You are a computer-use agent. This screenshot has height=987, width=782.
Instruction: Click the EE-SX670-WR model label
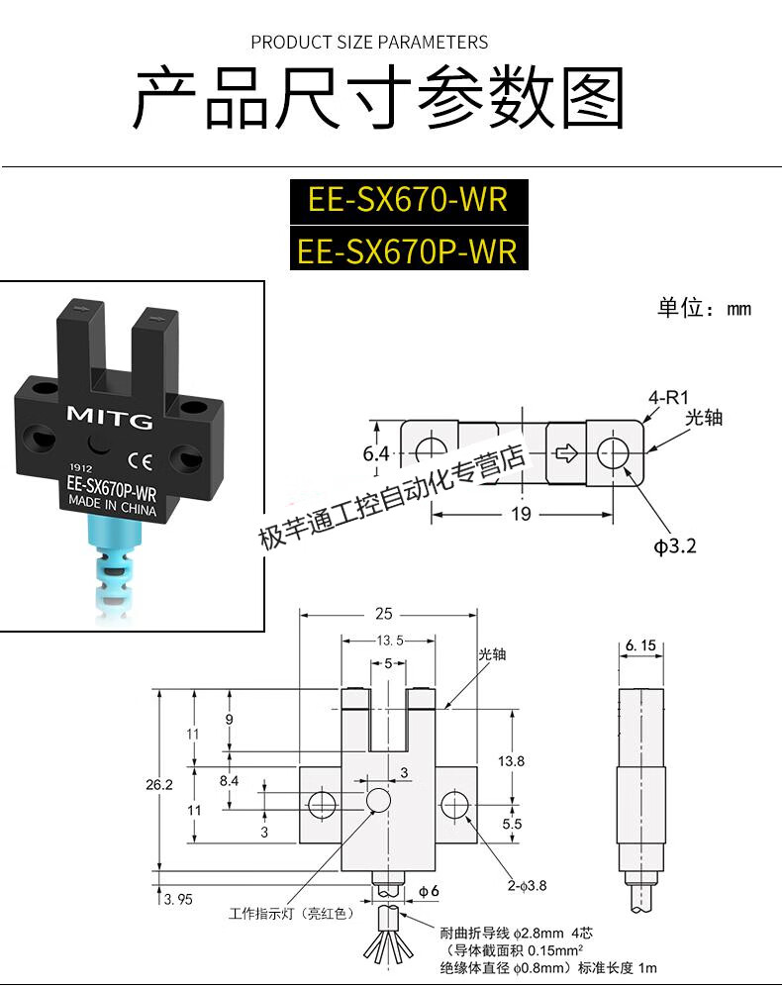(x=407, y=199)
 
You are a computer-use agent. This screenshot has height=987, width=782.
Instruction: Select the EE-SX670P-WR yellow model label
(x=407, y=249)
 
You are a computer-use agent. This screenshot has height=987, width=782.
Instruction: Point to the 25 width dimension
(x=385, y=614)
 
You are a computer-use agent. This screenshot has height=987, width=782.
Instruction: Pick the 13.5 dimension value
(x=389, y=639)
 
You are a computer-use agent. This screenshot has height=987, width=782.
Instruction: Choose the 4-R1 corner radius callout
(x=668, y=397)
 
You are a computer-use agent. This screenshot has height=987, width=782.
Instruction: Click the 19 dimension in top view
(x=522, y=513)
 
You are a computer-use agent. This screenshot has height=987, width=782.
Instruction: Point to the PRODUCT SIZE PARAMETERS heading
(x=369, y=43)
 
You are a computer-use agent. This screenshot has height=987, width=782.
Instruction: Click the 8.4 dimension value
(x=230, y=781)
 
